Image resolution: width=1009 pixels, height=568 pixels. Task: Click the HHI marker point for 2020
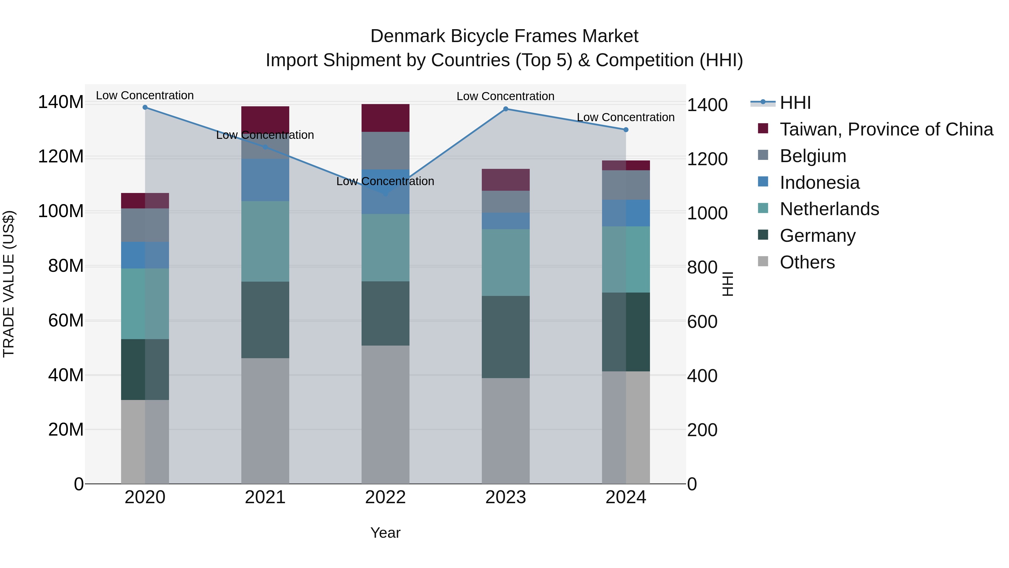[145, 107]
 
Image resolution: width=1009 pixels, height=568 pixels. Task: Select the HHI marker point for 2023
[506, 109]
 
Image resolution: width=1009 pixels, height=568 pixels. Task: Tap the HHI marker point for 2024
[626, 130]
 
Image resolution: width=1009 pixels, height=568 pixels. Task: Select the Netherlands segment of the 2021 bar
[265, 242]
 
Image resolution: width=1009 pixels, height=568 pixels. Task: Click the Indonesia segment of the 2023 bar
[505, 221]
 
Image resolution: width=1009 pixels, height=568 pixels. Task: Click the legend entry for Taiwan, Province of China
[886, 129]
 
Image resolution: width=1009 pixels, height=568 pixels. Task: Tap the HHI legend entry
[795, 103]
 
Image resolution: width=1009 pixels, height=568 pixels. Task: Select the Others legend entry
[807, 262]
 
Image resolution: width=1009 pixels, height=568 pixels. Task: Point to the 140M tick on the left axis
[61, 102]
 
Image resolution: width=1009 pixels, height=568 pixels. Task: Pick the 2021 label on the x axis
[265, 497]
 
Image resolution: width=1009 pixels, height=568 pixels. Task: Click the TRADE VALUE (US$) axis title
[9, 284]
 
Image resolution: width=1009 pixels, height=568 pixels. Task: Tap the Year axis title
[385, 533]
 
